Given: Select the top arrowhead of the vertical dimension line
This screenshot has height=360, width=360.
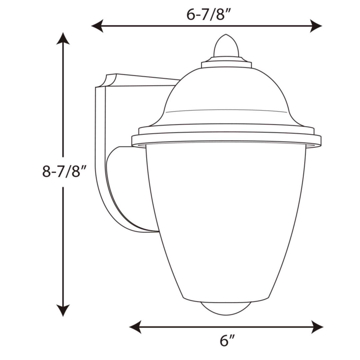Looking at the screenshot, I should (63, 39).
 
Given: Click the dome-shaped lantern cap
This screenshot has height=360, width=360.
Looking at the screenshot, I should (227, 97).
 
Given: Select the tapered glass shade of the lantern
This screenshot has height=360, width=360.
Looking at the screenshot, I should (227, 217).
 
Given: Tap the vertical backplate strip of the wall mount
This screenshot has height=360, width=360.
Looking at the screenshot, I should (100, 150).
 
